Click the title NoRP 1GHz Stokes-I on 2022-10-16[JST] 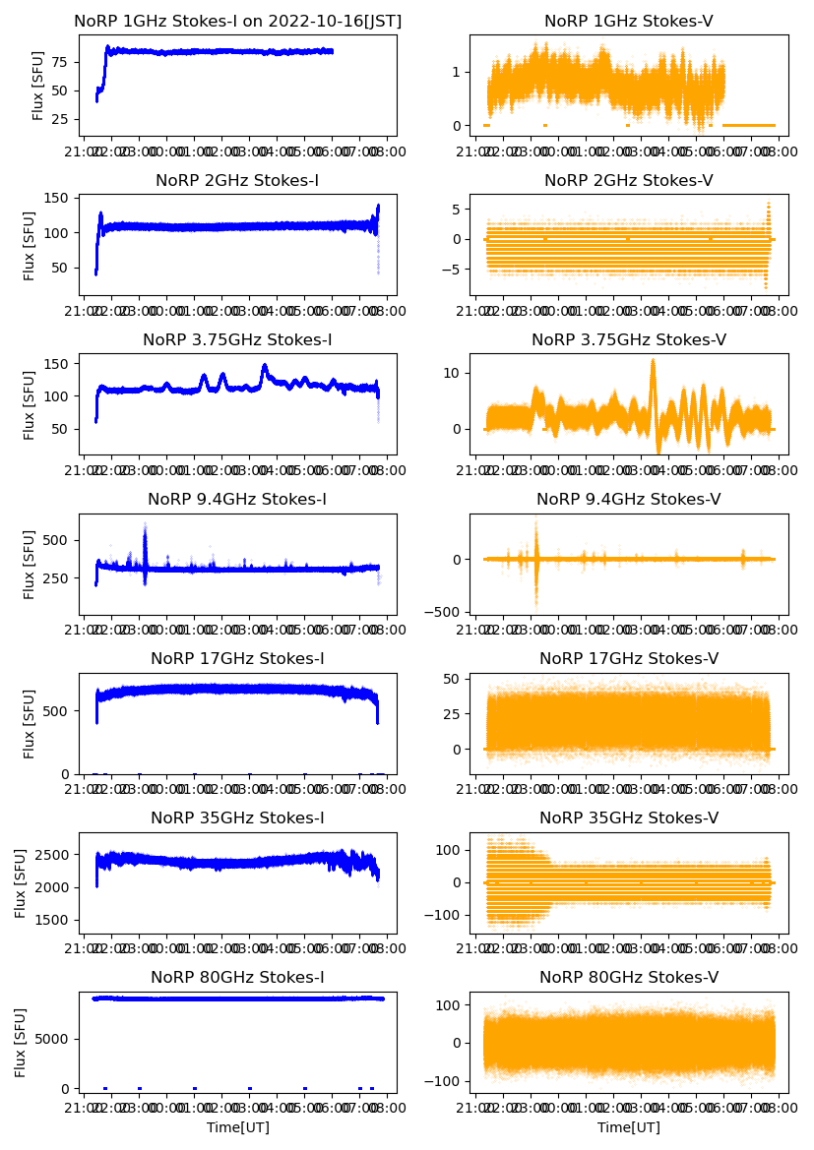coord(237,21)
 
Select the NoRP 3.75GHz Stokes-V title coord(629,340)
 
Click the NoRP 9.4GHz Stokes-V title coord(629,500)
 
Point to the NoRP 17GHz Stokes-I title coord(237,659)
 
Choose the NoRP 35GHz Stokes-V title coord(629,818)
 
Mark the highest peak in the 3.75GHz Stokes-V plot coord(652,361)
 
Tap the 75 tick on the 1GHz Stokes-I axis coord(65,62)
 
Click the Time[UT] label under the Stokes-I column coord(237,1127)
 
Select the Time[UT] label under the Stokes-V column coord(629,1127)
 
